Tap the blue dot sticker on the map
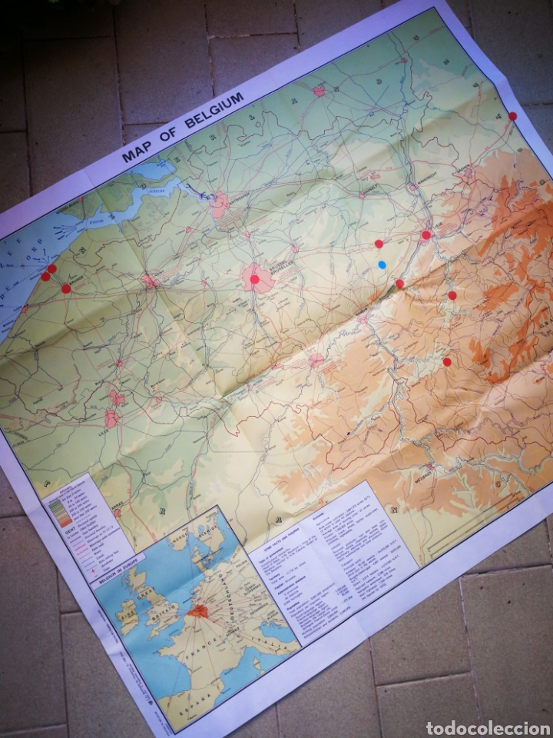pyautogui.click(x=382, y=264)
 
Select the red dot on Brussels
pyautogui.click(x=255, y=279)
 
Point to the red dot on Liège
pyautogui.click(x=426, y=234)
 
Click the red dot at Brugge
pyautogui.click(x=65, y=288)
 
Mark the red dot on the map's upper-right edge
pyautogui.click(x=513, y=116)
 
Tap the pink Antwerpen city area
pyautogui.click(x=220, y=204)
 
